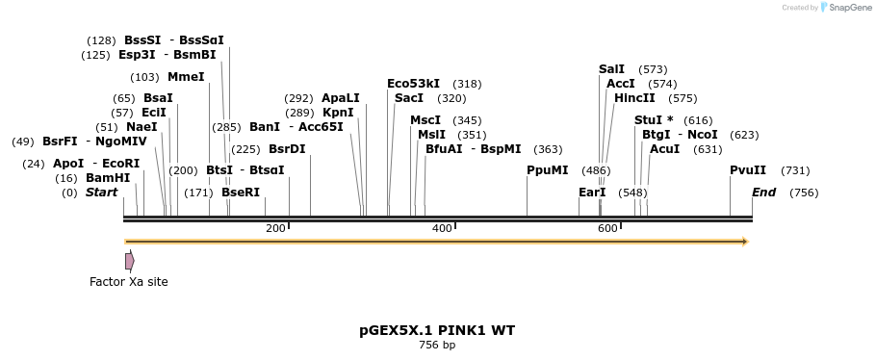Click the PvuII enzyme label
748,170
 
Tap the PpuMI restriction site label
547,170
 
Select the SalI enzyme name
611,69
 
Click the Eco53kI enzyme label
413,84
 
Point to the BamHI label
108,178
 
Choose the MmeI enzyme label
186,77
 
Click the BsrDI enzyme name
287,149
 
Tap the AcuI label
664,149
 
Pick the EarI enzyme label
592,193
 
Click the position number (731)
795,170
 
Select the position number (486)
596,170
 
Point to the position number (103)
144,77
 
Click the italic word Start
101,193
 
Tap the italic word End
763,193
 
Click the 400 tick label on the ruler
442,228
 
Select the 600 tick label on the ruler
607,228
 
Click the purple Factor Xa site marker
129,261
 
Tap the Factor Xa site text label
128,282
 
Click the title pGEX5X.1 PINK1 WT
437,330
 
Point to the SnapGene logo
837,8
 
